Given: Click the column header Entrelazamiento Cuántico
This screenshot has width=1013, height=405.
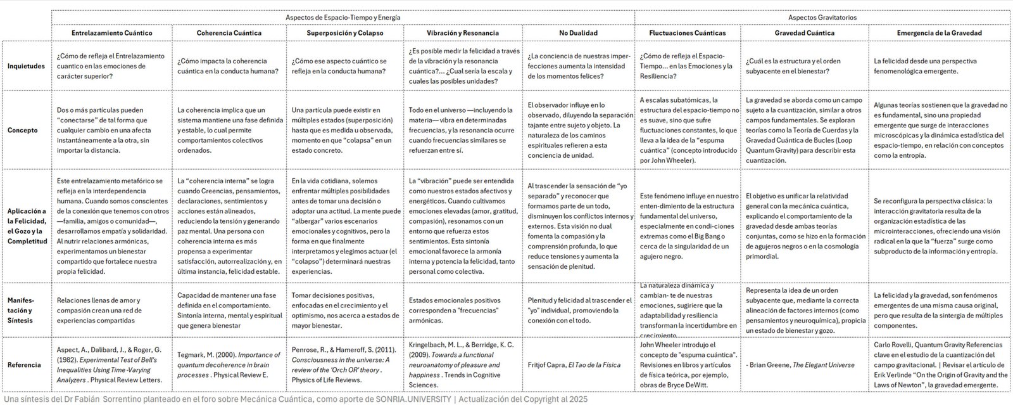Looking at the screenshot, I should [x=111, y=33].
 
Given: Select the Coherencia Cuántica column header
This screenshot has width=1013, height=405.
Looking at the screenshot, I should [x=229, y=33].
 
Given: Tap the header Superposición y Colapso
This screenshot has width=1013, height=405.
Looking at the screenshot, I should [x=344, y=33].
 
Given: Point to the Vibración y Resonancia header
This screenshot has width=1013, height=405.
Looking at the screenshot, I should [x=463, y=33].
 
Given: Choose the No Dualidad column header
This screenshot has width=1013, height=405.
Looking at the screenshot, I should [x=578, y=33].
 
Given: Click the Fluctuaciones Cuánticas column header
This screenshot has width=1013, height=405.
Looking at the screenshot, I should [x=688, y=33].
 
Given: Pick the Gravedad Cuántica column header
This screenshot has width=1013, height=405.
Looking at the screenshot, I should [x=804, y=33].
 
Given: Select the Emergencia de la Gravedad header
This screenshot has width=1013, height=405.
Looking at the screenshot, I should [x=939, y=33].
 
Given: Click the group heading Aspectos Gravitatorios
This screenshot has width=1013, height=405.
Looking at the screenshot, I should [x=822, y=17].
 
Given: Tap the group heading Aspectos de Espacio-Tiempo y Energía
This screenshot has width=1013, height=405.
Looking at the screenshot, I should [x=343, y=17].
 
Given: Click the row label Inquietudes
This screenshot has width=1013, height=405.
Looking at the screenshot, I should [x=26, y=66].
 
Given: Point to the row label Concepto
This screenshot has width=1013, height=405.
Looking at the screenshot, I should [x=23, y=130].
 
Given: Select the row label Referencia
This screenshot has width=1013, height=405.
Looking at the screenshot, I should [x=24, y=364].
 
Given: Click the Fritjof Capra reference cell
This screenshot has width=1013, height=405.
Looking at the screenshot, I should [x=574, y=364].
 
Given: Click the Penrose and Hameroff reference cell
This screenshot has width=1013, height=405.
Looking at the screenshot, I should [x=345, y=364].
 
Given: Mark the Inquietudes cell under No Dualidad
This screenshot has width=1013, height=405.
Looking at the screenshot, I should [x=578, y=66].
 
